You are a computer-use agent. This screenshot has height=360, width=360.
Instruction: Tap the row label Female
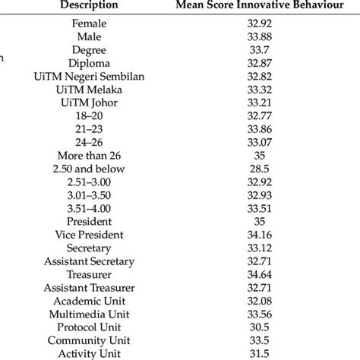90,24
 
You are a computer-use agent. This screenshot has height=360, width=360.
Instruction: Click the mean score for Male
260,37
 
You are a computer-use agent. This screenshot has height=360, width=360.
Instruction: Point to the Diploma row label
90,63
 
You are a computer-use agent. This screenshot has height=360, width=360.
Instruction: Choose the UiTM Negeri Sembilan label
90,77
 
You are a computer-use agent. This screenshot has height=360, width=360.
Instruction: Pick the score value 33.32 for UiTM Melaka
260,90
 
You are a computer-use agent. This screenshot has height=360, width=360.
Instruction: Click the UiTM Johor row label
90,103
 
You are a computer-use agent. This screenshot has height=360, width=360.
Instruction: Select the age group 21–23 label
90,129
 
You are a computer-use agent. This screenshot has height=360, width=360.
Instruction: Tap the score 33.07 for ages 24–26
260,142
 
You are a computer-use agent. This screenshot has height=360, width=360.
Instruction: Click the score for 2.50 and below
260,169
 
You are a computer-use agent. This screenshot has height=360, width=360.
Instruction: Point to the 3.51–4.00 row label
90,208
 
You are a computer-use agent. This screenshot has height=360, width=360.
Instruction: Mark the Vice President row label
90,235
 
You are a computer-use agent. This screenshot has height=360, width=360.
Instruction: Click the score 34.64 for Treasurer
260,274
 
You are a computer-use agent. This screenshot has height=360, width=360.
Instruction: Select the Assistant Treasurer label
90,287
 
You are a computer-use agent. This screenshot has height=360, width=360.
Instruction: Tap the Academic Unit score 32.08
260,301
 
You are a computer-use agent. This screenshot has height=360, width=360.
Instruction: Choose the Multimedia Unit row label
90,314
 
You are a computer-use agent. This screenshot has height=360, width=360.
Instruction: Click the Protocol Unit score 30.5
260,327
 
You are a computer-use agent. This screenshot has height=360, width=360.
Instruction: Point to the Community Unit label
90,339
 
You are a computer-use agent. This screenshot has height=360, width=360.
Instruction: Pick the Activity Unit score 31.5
260,353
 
